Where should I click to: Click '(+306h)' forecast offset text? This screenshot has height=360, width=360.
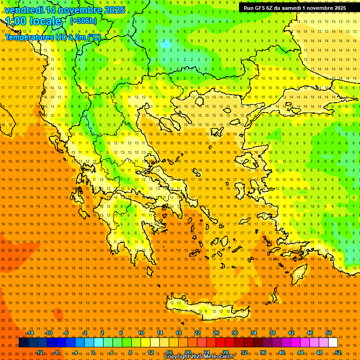(x=83, y=21)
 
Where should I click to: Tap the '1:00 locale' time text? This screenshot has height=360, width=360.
(x=33, y=21)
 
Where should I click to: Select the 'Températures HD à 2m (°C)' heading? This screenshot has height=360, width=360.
(x=53, y=37)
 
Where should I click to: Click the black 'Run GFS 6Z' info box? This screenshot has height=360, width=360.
(x=295, y=7)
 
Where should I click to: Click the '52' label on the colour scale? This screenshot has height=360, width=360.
(x=338, y=352)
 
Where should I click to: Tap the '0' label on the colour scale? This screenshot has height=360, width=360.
(x=93, y=352)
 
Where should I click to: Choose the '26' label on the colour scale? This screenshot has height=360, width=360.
(x=216, y=333)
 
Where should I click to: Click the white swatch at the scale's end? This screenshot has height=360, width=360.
(x=333, y=343)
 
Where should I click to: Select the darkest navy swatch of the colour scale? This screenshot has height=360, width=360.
(x=23, y=343)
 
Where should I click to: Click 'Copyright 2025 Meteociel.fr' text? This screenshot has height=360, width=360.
(x=199, y=357)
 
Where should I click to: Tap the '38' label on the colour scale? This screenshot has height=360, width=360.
(x=272, y=333)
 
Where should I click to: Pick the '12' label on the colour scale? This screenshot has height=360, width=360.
(x=150, y=352)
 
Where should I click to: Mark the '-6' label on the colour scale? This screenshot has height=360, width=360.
(x=66, y=333)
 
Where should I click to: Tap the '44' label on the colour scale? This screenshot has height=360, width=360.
(x=300, y=352)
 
